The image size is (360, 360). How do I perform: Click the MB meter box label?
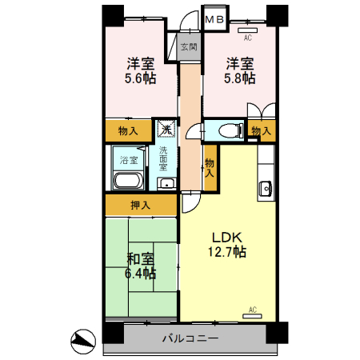point(215,19)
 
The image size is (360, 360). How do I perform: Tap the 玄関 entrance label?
point(189,47)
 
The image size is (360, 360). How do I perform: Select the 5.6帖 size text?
point(141,78)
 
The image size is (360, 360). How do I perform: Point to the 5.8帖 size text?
point(240,78)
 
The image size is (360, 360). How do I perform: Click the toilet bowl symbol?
point(231,130)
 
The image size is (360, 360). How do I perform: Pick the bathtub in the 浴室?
point(128,181)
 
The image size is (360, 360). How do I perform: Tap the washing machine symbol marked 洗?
point(166,129)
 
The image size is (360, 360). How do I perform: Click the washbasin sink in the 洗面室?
point(166,184)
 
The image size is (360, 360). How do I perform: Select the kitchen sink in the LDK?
point(266,188)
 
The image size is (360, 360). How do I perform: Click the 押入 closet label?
point(141,205)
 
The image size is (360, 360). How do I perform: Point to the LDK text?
point(227,237)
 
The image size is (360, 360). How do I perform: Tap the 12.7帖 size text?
point(227,252)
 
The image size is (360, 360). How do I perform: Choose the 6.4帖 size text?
point(141,273)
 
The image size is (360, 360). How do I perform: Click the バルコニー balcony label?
point(190,338)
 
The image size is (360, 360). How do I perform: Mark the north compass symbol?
point(83,342)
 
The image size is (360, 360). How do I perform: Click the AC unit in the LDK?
point(252,316)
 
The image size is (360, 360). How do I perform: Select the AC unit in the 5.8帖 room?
point(247,30)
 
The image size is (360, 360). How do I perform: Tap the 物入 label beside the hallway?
point(210,168)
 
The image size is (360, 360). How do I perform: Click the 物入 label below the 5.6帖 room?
point(128,131)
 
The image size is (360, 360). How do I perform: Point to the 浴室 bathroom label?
point(129,160)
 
